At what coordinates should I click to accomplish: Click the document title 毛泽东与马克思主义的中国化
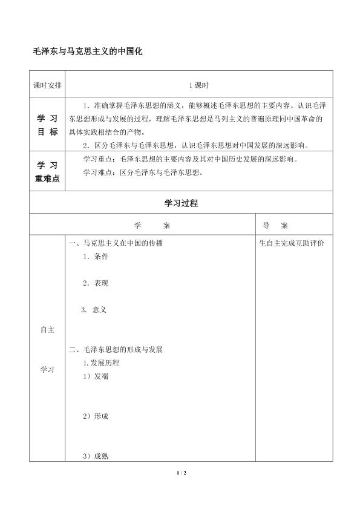tap(87, 53)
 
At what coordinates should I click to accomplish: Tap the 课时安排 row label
tap(47, 85)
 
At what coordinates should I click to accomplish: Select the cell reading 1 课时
tap(198, 85)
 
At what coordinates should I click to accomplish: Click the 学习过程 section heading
tap(181, 203)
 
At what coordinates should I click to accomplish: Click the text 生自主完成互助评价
tap(291, 243)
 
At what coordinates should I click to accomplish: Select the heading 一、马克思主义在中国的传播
tap(116, 243)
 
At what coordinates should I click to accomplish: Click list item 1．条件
tap(96, 257)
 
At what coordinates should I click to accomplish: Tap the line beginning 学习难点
tap(142, 172)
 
